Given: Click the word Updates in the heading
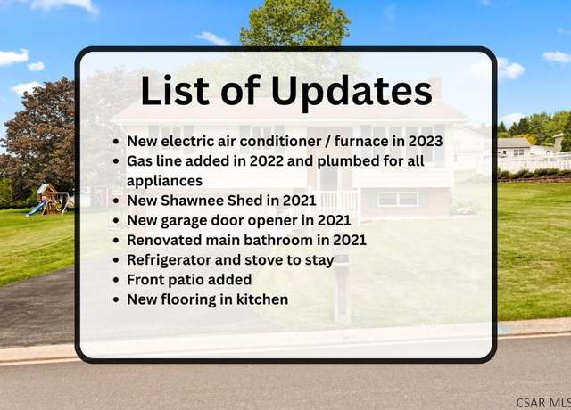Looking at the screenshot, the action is [352, 93].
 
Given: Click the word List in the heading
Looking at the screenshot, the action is [175, 90].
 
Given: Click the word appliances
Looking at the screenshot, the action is [164, 181].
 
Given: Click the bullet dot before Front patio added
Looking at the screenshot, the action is [116, 280].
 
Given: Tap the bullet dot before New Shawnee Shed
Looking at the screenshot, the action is [116, 201].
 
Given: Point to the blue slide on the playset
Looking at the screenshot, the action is [37, 208].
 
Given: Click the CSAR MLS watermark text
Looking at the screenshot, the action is [543, 403].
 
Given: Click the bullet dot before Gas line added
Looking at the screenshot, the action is [116, 161].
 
